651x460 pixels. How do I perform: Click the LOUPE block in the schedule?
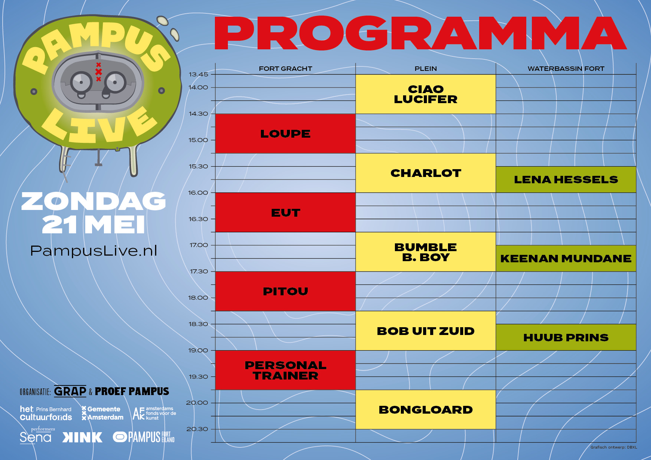click(x=285, y=134)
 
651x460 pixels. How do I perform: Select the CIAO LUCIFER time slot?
click(x=426, y=94)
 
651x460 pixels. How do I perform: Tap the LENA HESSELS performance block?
click(x=566, y=180)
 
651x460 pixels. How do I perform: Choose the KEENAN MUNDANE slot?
click(x=566, y=258)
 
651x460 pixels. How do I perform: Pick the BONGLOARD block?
click(x=426, y=410)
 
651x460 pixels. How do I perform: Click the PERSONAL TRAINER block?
click(x=285, y=370)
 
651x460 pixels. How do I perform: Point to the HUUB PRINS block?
click(x=566, y=337)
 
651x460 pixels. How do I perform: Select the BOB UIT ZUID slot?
click(x=426, y=331)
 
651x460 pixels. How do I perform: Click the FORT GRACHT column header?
click(x=285, y=69)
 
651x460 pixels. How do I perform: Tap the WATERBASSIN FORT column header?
click(x=566, y=69)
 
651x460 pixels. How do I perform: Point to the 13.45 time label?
click(x=199, y=74)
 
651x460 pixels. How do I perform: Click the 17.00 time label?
click(x=199, y=245)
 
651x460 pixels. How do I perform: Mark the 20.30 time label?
click(x=197, y=429)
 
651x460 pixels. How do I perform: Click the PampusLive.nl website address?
click(x=94, y=251)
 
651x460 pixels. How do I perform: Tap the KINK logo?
click(x=82, y=437)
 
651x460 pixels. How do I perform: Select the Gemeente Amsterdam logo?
click(x=102, y=413)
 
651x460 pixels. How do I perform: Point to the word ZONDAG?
click(x=94, y=201)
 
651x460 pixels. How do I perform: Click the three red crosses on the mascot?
click(x=98, y=72)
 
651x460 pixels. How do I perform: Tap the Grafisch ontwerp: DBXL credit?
click(x=614, y=447)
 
